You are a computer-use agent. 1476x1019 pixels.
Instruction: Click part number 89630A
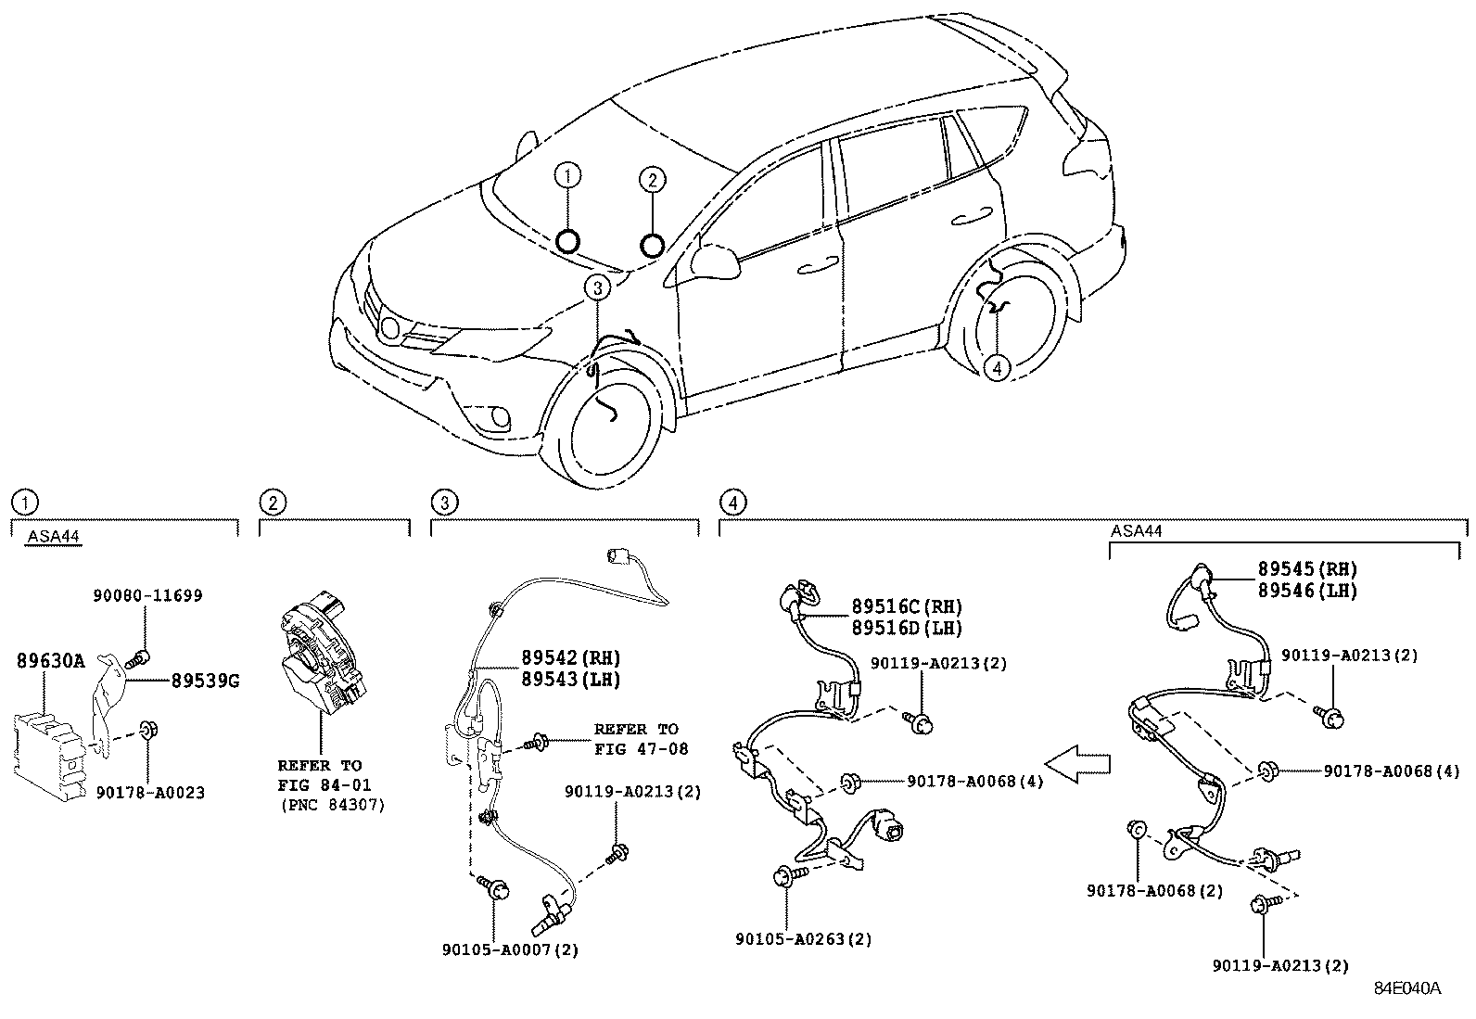coord(50,660)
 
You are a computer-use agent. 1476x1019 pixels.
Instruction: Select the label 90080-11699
coord(147,595)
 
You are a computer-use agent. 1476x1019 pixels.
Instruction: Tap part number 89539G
coord(205,681)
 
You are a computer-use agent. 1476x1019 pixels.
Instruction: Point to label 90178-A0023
coord(150,793)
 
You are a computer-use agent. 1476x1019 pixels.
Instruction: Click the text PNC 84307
coord(332,805)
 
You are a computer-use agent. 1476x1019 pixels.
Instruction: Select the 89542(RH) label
coord(569,657)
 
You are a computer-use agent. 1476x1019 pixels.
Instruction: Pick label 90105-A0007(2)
coord(511,949)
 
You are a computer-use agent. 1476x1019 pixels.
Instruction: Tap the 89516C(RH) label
coord(907,607)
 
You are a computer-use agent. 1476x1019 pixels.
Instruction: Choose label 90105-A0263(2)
coord(804,938)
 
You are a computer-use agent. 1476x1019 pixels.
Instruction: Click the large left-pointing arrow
coord(1085,764)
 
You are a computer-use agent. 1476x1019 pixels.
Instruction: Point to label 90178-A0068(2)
coord(1155,891)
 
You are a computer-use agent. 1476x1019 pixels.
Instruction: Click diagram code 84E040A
coord(1407,988)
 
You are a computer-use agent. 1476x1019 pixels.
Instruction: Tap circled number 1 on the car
coord(568,174)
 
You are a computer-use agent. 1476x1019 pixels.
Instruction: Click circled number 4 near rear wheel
coord(996,368)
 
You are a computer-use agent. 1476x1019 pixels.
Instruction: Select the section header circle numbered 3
coord(444,503)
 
